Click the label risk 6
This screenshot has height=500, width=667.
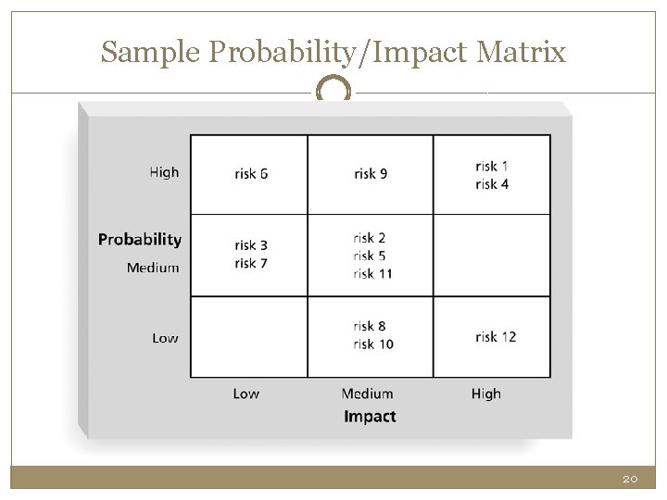[x=251, y=174]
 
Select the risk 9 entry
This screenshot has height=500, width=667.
[x=370, y=174]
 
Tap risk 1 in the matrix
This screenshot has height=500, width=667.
[x=492, y=166]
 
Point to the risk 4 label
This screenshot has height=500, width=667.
[x=492, y=184]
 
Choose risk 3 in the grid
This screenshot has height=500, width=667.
[x=251, y=245]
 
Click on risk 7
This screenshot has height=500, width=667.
[x=251, y=263]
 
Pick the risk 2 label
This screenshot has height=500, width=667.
[x=370, y=238]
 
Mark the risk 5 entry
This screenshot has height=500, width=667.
[x=370, y=256]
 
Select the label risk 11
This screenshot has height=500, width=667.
[x=372, y=273]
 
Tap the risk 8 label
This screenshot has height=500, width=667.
[x=370, y=326]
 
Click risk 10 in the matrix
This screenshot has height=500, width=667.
[x=372, y=344]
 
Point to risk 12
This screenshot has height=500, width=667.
[x=496, y=336]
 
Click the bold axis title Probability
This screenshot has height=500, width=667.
[x=140, y=239]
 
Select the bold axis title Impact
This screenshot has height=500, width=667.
[x=370, y=416]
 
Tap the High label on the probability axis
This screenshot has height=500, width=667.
[x=164, y=172]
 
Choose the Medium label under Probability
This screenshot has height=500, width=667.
[x=153, y=268]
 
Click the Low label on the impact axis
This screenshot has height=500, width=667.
[x=246, y=394]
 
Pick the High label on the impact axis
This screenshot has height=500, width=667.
[x=485, y=394]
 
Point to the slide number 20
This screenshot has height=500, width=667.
[x=630, y=479]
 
